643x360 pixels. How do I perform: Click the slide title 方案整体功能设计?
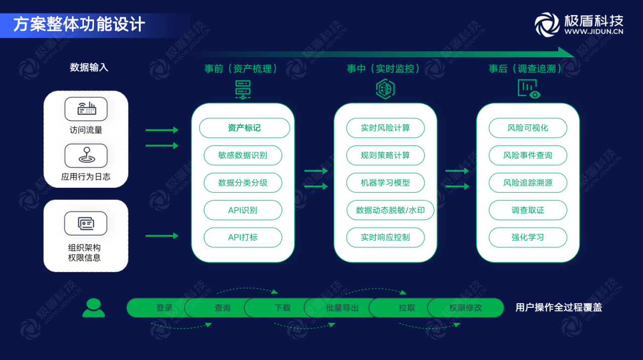tap(79, 24)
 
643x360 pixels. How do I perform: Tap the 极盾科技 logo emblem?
tap(547, 24)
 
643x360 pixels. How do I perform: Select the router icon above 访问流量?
tap(86, 109)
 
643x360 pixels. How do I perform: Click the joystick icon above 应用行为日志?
tap(86, 155)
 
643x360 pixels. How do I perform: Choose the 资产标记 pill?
tap(244, 128)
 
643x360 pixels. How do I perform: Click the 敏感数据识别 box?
tap(243, 155)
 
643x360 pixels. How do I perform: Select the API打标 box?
tap(243, 237)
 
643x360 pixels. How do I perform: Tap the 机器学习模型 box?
tap(385, 183)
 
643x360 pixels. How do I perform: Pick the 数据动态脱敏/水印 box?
tap(390, 210)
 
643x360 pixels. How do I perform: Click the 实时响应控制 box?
tap(385, 237)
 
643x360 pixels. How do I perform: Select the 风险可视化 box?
tap(527, 128)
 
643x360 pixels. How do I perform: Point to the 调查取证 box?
tap(527, 210)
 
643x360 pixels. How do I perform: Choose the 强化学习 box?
tap(527, 237)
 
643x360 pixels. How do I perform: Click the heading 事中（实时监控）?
tap(385, 69)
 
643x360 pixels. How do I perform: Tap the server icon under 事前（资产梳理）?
tap(243, 89)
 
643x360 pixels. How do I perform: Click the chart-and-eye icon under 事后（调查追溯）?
tap(528, 89)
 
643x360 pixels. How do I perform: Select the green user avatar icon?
tap(93, 308)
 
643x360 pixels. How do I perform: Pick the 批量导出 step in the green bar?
tap(342, 308)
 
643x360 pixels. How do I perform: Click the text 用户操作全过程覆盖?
tap(559, 308)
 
